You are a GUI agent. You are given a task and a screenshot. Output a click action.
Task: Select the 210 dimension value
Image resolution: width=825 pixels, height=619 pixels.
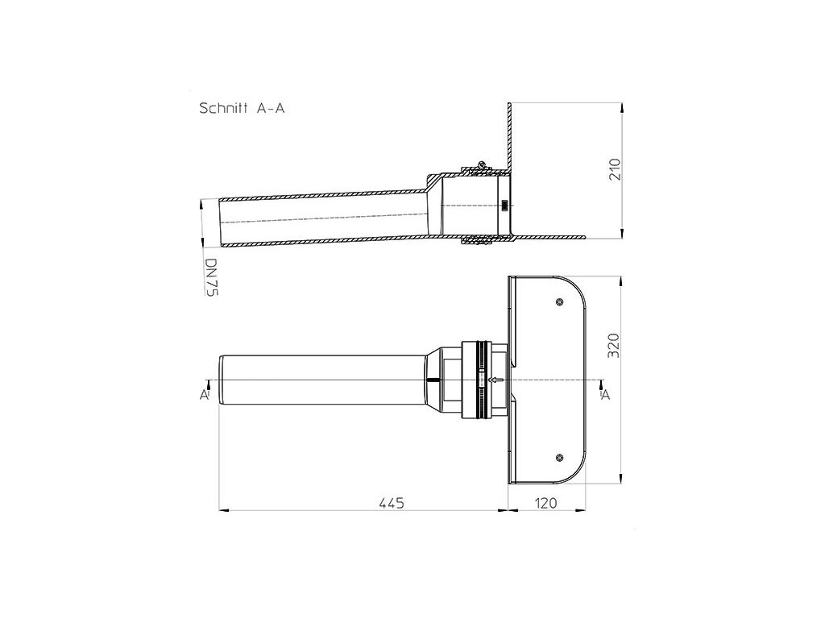[615, 170]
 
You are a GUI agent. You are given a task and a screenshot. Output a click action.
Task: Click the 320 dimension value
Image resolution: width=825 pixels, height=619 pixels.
[615, 344]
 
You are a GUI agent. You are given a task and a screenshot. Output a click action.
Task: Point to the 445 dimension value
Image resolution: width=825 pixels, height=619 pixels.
[391, 503]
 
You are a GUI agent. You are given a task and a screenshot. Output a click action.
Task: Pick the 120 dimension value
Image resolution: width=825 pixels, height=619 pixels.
[546, 503]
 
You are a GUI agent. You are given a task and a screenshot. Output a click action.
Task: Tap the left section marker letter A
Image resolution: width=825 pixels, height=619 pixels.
[205, 394]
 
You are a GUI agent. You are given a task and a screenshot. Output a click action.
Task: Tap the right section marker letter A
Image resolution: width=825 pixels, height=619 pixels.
[606, 394]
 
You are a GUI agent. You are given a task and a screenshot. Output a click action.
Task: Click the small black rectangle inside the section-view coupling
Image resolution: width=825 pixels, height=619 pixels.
[504, 205]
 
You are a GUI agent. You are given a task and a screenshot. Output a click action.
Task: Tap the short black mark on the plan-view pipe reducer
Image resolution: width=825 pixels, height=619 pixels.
[433, 380]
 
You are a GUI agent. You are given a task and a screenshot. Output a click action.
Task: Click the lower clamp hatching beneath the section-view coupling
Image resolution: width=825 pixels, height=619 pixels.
[476, 240]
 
